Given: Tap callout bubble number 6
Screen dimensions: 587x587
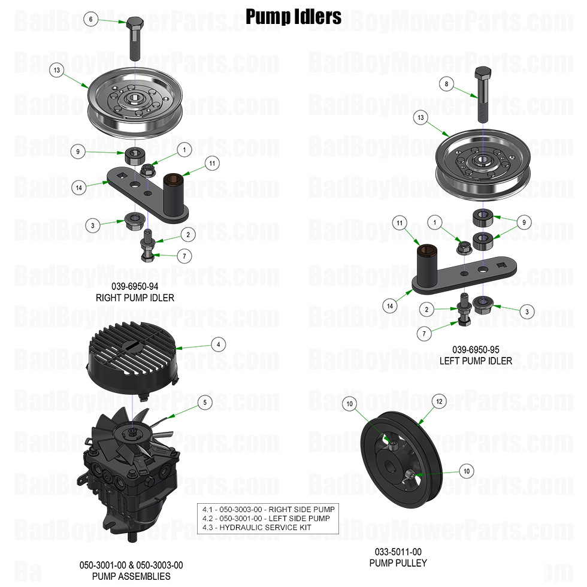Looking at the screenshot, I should (90, 19).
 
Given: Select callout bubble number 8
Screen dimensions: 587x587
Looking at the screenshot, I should (446, 84).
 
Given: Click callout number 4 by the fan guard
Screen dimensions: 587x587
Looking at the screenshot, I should (219, 344).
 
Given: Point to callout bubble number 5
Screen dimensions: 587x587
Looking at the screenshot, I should (205, 403).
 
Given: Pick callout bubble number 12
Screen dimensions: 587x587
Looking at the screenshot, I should (439, 401).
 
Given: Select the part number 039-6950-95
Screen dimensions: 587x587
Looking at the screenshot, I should (476, 350).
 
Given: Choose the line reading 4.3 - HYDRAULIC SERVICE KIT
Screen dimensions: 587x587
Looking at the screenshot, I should (266, 527).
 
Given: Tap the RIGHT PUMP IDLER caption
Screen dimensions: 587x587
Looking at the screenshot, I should (131, 297).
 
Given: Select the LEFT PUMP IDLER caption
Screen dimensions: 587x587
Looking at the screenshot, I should (476, 361).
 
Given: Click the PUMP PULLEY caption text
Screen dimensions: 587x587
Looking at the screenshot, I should (398, 562).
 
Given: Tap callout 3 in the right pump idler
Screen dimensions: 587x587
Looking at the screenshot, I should (92, 226).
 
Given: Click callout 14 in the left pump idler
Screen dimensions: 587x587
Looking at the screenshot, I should (391, 305).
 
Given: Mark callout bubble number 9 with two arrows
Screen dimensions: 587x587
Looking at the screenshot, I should (524, 222).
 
